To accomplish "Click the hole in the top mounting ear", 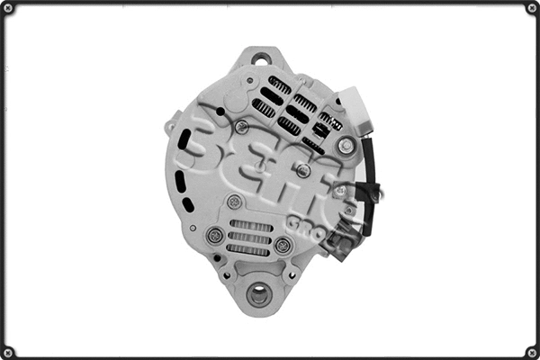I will click(x=261, y=60).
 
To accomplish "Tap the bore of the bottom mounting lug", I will click(x=258, y=293).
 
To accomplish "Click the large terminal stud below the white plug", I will click(x=346, y=145).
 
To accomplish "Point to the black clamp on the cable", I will click(x=366, y=191).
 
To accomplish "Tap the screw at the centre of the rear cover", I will click(x=303, y=170).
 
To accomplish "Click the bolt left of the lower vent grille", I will click(x=214, y=235).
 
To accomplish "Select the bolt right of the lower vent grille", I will click(x=283, y=245).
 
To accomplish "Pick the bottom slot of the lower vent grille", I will click(x=248, y=249).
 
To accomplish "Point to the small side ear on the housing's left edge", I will click(x=171, y=127).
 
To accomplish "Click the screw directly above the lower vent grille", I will click(x=234, y=202).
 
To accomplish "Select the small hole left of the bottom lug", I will click(x=227, y=274).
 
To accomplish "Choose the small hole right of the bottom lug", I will click(x=290, y=274).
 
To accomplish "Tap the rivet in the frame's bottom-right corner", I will click(x=531, y=351).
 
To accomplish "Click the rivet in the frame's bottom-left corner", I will click(x=8, y=351).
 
